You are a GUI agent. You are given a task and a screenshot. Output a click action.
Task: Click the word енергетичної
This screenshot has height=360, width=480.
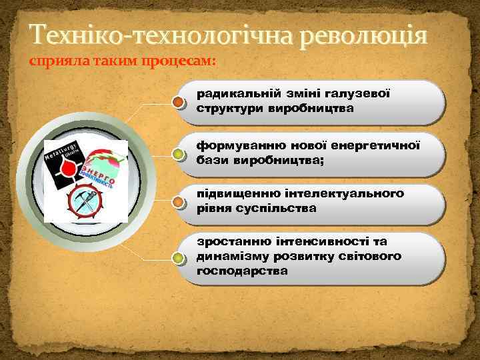coord(374,145)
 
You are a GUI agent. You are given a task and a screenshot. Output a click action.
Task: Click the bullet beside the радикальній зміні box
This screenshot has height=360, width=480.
coord(178,102)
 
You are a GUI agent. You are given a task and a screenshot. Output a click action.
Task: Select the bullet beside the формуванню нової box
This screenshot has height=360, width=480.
coord(178,154)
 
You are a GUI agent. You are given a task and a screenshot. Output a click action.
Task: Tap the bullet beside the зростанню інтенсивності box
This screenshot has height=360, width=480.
coord(178,258)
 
